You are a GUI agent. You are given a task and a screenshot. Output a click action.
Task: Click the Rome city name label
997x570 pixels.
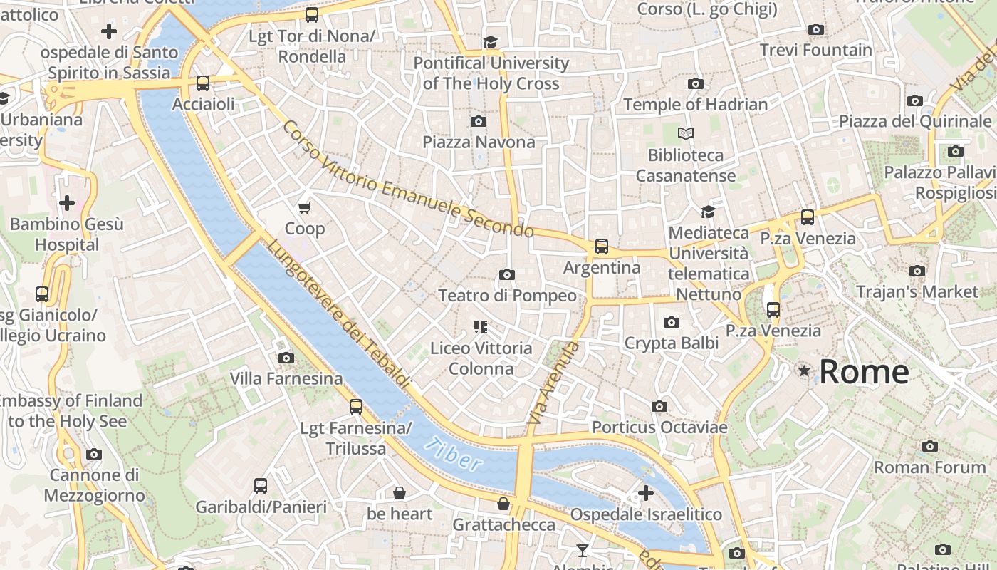[x=864, y=372]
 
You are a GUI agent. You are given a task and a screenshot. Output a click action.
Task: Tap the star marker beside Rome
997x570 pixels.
[x=804, y=370]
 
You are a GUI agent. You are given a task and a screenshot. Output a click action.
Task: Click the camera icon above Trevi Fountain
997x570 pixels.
[x=816, y=29]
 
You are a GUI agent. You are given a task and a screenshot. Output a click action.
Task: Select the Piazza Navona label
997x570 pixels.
[x=479, y=142]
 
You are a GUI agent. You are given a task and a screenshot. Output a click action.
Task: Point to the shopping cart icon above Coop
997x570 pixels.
[x=305, y=207]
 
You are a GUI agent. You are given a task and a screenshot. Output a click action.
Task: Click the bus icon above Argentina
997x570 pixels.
[x=602, y=247]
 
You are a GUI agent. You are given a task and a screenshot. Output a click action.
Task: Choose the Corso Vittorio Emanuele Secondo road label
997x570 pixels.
[x=407, y=180]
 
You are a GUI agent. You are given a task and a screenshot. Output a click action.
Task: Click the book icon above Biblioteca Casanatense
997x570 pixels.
[x=686, y=133]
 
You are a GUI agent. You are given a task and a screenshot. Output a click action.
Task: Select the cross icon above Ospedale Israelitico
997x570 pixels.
[x=646, y=493]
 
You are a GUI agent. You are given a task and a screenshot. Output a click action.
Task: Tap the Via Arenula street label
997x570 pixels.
[x=553, y=383]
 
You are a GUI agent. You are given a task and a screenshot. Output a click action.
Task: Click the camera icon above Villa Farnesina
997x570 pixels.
[x=286, y=358]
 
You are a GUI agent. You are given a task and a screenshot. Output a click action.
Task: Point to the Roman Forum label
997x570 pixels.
[x=929, y=467]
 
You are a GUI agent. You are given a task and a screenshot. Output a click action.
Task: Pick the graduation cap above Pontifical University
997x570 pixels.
[x=490, y=42]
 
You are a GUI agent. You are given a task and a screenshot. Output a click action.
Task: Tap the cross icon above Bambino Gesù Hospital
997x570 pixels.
[x=67, y=203]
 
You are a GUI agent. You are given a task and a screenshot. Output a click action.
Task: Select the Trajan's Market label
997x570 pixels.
[x=917, y=291]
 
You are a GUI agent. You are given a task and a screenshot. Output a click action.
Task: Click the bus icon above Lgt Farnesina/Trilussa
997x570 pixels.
[x=356, y=407]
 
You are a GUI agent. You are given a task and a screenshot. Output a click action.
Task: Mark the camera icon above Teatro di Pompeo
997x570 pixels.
[x=507, y=274]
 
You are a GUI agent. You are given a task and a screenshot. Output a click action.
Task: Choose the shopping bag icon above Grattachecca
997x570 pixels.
[x=503, y=504]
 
